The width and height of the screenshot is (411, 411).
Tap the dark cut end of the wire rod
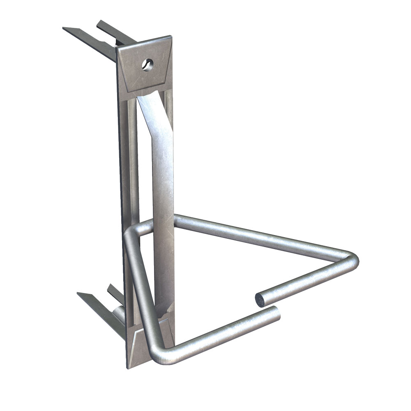click(x=260, y=300)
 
